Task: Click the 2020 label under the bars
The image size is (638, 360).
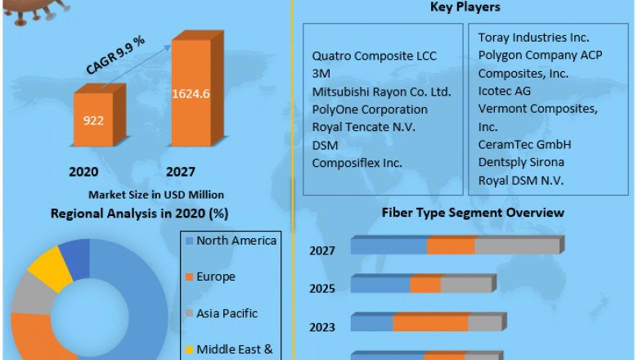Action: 83,172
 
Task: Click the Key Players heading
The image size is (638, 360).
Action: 465,7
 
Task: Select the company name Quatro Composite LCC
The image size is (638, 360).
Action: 375,56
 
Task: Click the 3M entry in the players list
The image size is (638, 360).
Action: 321,74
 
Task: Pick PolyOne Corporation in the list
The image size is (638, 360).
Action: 370,109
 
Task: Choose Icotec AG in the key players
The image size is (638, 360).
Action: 504,91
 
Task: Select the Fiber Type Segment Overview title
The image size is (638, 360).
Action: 473,213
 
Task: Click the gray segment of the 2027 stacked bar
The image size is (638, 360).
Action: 516,246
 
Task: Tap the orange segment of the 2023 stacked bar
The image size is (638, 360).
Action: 429,323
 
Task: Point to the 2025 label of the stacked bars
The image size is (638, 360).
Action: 322,289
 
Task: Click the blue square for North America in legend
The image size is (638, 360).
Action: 190,241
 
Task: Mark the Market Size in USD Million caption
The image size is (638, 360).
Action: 155,195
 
